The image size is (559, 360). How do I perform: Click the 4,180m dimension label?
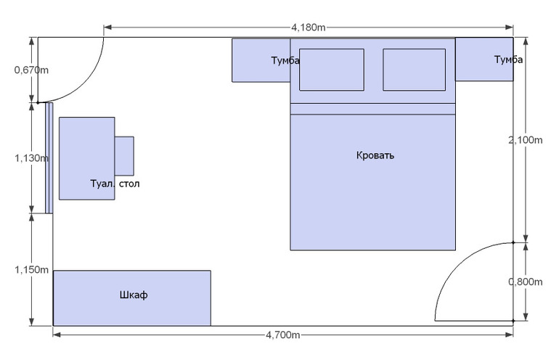[308, 28]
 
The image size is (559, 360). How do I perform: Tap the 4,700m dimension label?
[282, 335]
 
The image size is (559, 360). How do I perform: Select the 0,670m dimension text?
[31, 70]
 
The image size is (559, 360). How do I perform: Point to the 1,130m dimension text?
[31, 157]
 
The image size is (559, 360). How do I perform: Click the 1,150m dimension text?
[31, 270]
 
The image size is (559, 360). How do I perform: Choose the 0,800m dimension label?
[526, 282]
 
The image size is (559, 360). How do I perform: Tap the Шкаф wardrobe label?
[133, 295]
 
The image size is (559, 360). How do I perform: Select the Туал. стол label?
[115, 184]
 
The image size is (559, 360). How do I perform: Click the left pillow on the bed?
[332, 70]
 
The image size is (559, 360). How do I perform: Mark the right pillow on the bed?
[414, 70]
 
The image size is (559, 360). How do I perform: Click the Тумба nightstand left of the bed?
[260, 60]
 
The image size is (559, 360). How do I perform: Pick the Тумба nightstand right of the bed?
[484, 60]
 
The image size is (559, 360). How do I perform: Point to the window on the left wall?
[49, 158]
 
